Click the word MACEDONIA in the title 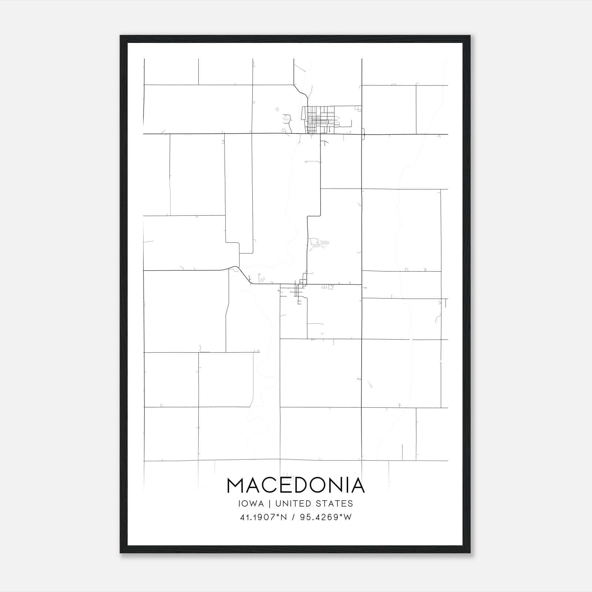click(x=296, y=485)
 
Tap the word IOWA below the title click(x=252, y=504)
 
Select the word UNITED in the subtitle click(x=294, y=504)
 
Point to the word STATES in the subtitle click(x=335, y=504)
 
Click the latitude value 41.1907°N click(x=263, y=517)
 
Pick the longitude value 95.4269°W click(x=326, y=517)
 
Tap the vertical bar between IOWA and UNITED click(x=269, y=504)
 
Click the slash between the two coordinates click(x=293, y=517)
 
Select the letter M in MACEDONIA click(x=236, y=485)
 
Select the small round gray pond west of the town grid click(x=277, y=109)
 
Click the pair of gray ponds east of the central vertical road click(x=320, y=244)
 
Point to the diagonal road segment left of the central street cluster click(x=244, y=275)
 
